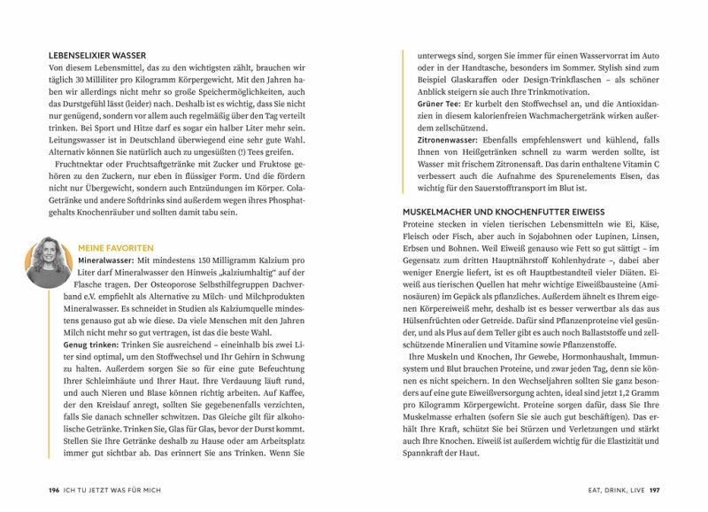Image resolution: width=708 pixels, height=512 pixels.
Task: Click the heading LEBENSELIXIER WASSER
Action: coord(97,55)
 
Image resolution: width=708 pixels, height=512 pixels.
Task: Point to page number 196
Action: coord(54,489)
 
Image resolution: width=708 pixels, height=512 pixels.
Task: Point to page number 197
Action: coord(654,489)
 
